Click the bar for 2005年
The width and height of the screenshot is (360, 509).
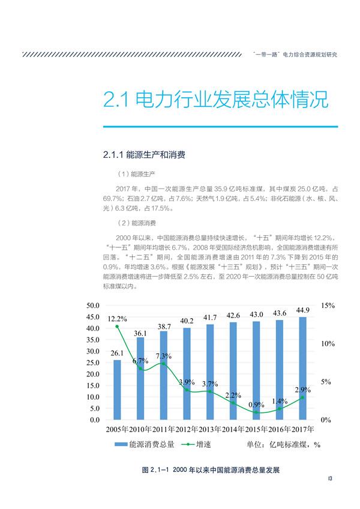point(117,390)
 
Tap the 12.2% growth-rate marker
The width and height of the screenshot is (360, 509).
point(117,327)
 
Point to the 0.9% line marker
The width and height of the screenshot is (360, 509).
point(256,413)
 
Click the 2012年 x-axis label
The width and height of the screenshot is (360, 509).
point(187,430)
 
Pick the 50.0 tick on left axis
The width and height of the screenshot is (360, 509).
point(92,306)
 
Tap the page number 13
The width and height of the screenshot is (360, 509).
point(330,478)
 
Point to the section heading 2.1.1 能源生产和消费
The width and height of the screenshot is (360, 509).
point(144,155)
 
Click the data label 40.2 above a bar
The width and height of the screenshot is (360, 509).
point(187,321)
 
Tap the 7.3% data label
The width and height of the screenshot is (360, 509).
point(164,357)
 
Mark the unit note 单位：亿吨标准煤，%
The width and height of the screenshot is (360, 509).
point(284,445)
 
